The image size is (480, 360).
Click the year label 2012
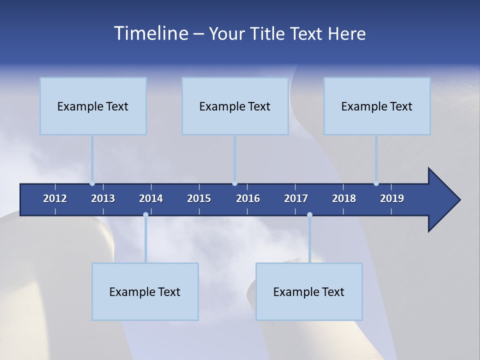click(55, 198)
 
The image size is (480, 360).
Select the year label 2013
click(103, 198)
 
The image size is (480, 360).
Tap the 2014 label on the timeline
click(151, 198)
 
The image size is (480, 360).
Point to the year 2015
click(199, 198)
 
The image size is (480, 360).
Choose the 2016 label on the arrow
click(248, 198)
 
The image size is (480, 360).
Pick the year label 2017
click(296, 198)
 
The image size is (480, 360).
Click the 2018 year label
click(344, 198)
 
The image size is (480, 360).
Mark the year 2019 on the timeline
click(392, 198)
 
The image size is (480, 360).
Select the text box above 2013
click(93, 106)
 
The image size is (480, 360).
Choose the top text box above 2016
click(235, 106)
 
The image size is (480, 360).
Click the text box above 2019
click(377, 106)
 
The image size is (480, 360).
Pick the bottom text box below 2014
click(145, 291)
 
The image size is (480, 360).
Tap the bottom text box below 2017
click(309, 291)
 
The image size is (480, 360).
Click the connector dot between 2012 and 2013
click(92, 183)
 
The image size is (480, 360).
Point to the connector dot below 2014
click(145, 215)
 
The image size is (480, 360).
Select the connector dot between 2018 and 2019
click(376, 183)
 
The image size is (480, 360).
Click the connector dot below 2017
click(309, 215)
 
